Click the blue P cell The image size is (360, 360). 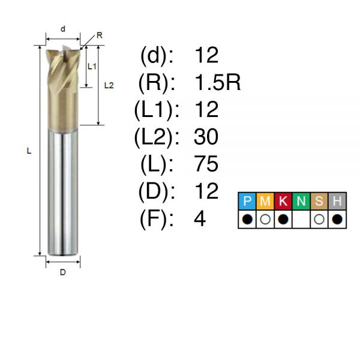click(247, 201)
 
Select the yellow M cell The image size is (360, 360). click(265, 201)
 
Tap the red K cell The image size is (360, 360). click(283, 201)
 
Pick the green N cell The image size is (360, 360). click(301, 201)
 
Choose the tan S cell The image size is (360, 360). click(319, 201)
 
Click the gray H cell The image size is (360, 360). click(337, 201)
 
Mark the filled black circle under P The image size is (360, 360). click(247, 219)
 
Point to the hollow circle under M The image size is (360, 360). click(265, 219)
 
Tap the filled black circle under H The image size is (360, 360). click(337, 219)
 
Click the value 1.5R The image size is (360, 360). click(217, 83)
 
